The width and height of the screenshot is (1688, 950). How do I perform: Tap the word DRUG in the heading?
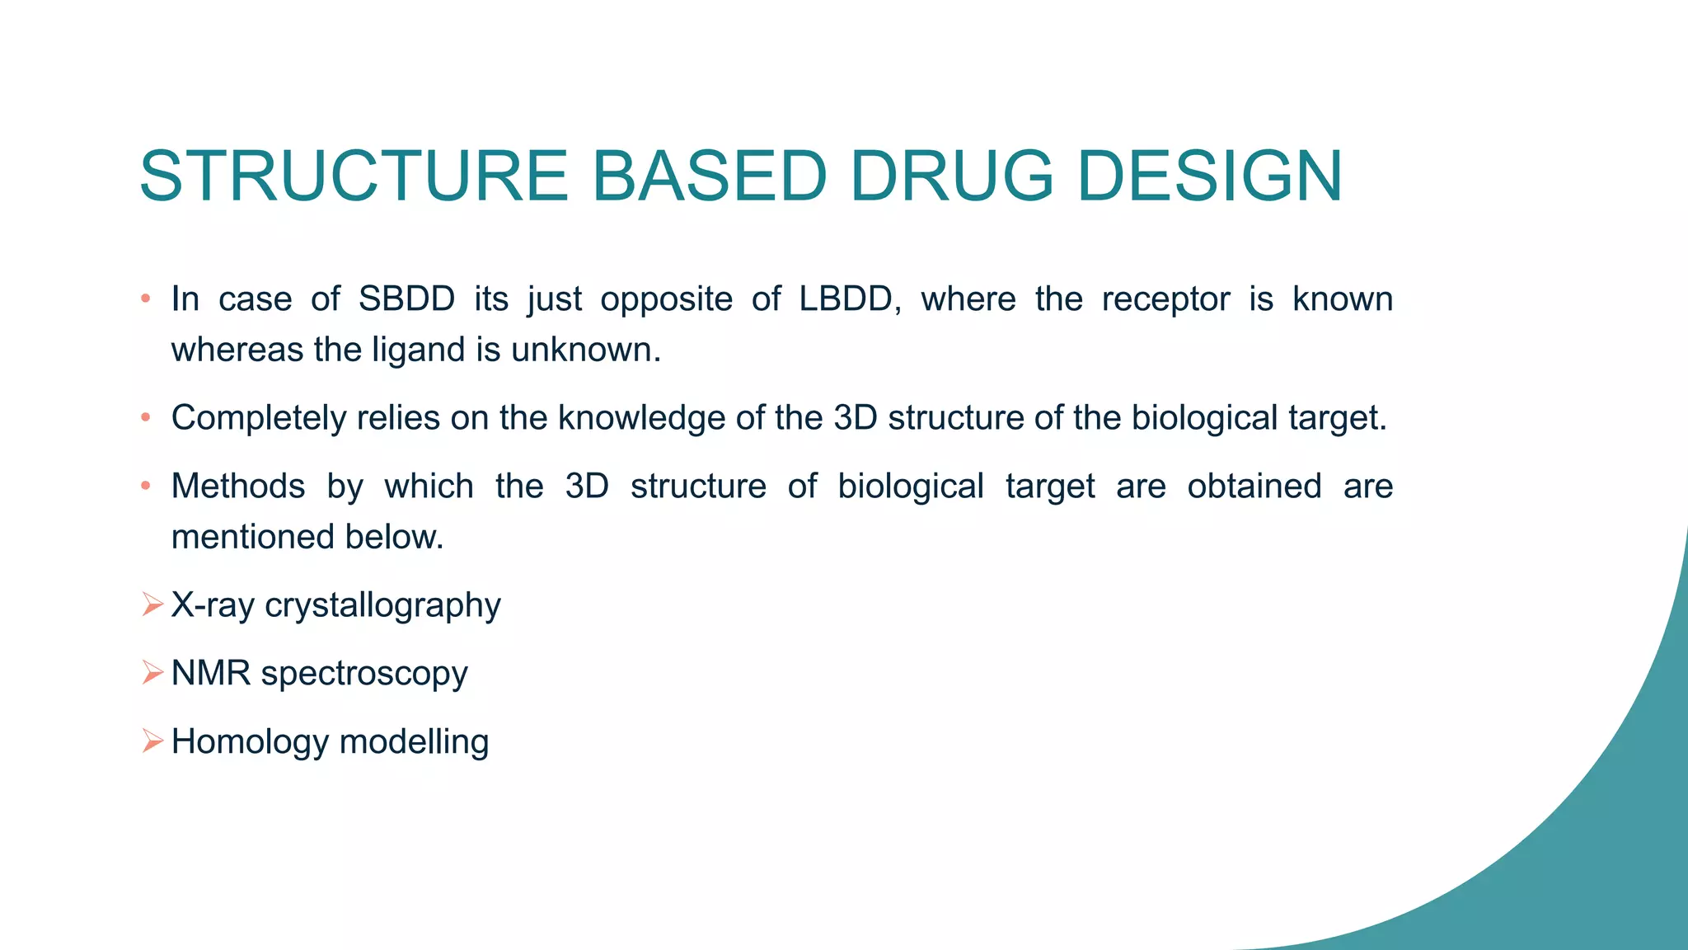point(951,176)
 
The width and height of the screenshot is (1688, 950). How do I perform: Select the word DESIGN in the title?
point(1210,176)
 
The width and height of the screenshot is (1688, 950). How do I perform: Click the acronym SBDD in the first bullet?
point(406,299)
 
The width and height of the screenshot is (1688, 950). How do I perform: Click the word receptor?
point(1165,299)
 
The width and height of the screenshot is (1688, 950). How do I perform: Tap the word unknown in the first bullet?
point(585,350)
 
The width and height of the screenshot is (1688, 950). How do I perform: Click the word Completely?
point(259,418)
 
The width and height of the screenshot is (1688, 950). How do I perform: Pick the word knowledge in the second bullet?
point(642,418)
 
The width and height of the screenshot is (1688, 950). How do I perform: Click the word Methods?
point(238,486)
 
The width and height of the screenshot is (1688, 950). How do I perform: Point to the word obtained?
point(1254,486)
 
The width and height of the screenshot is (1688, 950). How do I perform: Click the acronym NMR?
point(211,674)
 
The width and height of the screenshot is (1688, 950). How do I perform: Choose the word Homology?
point(250,742)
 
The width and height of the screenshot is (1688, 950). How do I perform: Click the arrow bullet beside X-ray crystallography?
point(152,604)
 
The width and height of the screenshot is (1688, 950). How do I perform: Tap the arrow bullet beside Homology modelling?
point(152,741)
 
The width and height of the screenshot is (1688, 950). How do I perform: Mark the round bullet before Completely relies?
point(146,418)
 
